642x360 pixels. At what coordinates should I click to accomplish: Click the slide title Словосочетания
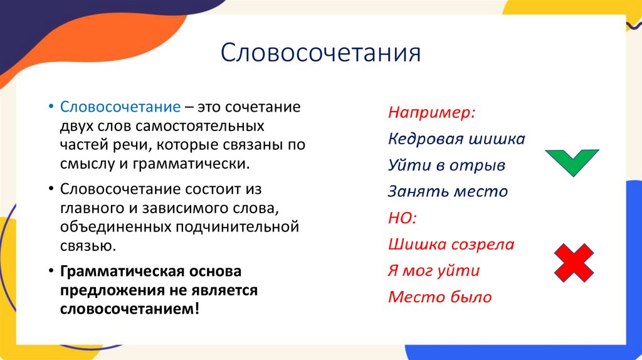320,53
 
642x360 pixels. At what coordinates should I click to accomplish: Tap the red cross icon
574,263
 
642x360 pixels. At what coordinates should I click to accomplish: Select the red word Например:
431,113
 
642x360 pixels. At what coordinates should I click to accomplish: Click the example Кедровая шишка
456,139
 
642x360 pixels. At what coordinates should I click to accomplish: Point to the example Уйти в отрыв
446,165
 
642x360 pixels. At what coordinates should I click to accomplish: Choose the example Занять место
448,191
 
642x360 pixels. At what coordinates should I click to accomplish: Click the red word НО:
403,218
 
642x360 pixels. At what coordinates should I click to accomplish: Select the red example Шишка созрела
451,244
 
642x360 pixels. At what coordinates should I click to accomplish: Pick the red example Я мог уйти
434,270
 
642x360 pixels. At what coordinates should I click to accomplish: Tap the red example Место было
439,297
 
